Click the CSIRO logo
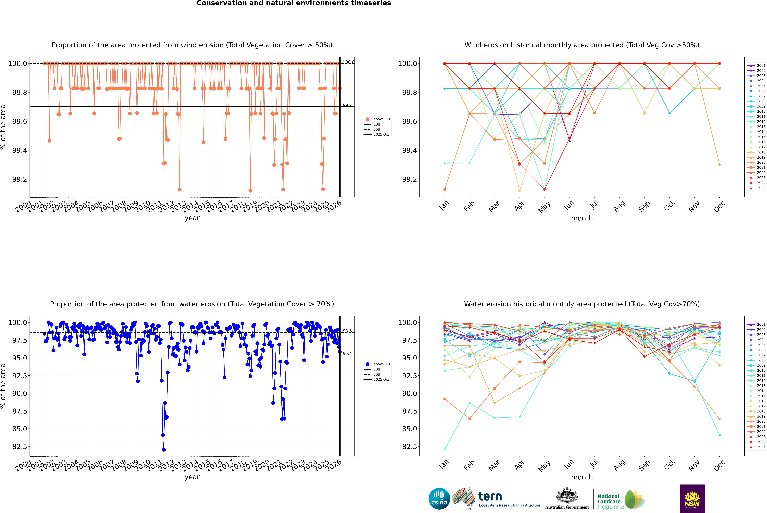pyautogui.click(x=439, y=499)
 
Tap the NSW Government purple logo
pyautogui.click(x=692, y=499)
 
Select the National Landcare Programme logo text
pyautogui.click(x=609, y=501)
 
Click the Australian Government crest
pyautogui.click(x=567, y=496)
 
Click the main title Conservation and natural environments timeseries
pyautogui.click(x=294, y=3)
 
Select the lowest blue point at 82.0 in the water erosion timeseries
pyautogui.click(x=164, y=450)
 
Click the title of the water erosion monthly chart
pyautogui.click(x=582, y=304)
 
